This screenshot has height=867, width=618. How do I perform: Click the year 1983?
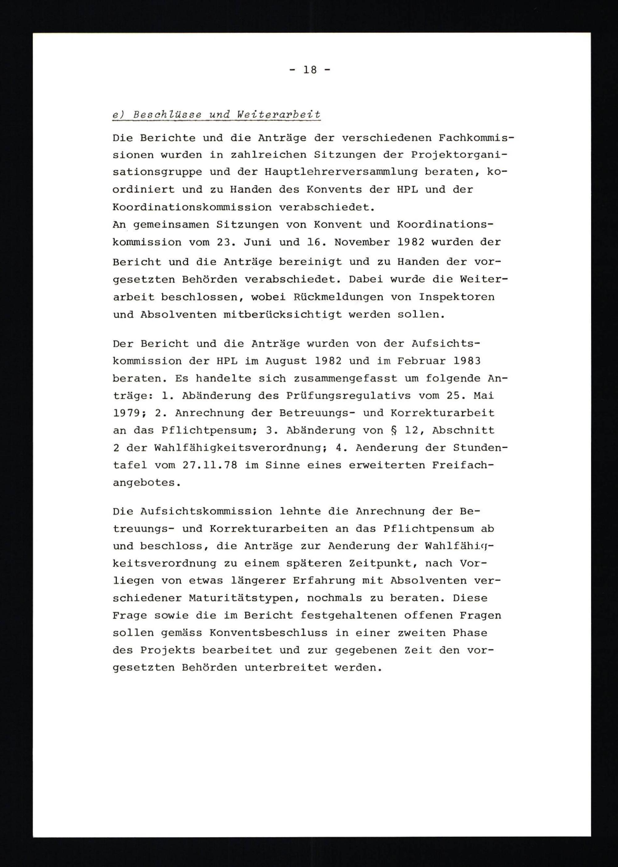(467, 361)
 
